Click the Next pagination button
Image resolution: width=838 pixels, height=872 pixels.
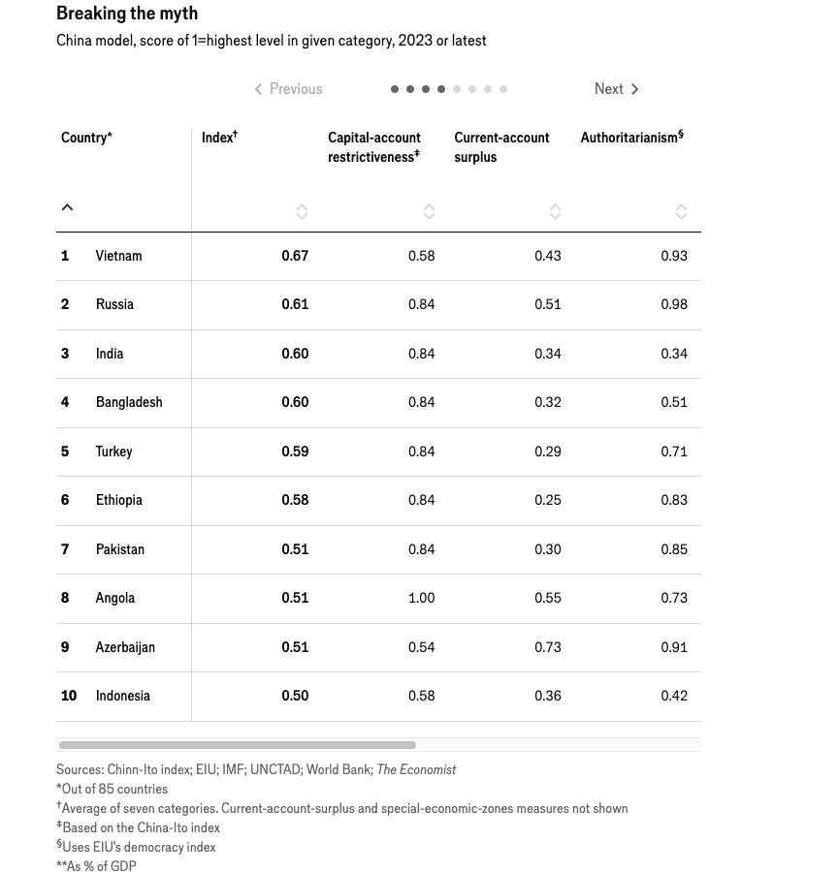tap(616, 89)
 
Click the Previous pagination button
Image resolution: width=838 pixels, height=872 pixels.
tap(288, 89)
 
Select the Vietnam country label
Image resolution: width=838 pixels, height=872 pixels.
tap(118, 256)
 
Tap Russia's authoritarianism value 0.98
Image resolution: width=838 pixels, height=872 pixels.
tap(673, 304)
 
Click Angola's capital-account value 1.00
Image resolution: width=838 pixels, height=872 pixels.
tap(421, 598)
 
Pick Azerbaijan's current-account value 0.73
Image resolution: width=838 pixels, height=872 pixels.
tap(547, 647)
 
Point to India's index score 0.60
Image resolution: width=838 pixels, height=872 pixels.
tap(295, 354)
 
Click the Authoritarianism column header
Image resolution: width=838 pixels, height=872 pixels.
tap(631, 138)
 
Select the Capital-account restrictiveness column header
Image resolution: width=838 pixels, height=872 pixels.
tap(373, 147)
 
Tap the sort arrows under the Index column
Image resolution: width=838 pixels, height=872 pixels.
tap(302, 211)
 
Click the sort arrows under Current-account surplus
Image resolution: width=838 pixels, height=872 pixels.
tap(555, 211)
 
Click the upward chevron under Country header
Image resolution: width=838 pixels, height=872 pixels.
tap(67, 207)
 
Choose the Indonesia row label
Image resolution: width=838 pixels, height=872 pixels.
tap(122, 696)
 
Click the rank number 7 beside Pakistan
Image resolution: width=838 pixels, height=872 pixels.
tap(65, 549)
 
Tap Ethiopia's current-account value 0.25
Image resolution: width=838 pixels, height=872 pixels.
tap(547, 500)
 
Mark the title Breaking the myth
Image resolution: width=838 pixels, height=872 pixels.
tap(127, 14)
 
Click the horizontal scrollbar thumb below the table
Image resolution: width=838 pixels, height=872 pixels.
tap(237, 745)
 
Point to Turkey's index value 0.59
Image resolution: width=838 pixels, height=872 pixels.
tap(295, 452)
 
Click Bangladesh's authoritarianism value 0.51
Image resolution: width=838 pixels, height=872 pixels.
tap(673, 402)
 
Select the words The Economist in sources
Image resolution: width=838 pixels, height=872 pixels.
tap(416, 769)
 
